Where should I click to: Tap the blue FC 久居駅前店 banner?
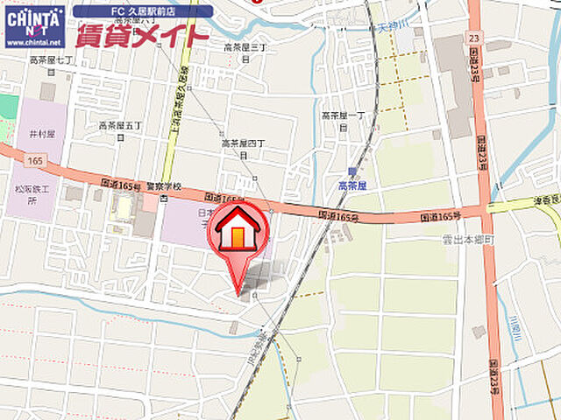[143, 11]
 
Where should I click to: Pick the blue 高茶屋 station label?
[353, 185]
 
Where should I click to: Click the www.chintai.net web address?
[34, 41]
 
